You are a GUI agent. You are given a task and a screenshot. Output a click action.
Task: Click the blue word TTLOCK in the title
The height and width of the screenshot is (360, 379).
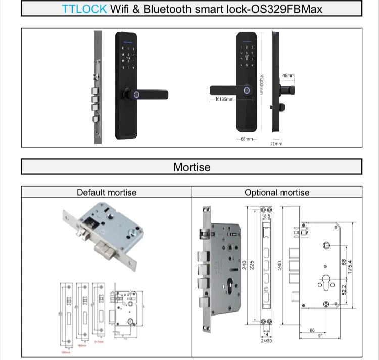[84, 9]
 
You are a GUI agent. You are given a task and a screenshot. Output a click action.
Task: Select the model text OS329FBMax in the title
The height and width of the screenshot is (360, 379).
[293, 9]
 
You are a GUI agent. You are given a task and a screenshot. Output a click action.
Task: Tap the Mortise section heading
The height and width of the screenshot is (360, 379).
[192, 167]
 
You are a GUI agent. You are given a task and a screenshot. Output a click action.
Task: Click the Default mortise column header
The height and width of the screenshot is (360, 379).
[107, 192]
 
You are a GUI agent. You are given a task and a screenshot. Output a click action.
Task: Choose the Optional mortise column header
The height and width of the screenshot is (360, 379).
[277, 192]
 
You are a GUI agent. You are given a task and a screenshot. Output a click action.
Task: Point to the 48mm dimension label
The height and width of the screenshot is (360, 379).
[288, 76]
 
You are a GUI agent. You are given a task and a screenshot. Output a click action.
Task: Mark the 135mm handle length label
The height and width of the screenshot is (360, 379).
[225, 99]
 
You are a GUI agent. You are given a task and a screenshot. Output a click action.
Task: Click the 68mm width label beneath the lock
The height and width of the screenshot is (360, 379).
[247, 139]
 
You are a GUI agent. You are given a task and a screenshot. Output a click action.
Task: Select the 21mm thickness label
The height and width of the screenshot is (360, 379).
[276, 144]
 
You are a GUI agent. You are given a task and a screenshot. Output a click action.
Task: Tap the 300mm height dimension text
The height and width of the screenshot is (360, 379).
[261, 84]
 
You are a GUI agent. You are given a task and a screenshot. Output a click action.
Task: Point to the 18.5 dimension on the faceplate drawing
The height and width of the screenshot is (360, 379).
[266, 216]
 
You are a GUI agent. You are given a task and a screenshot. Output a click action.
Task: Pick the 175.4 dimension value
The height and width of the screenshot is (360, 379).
[349, 264]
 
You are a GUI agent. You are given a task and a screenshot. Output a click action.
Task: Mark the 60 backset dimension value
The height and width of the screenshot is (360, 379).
[313, 331]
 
